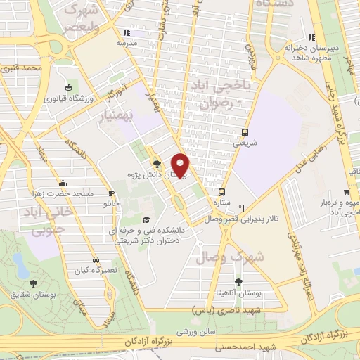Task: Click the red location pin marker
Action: coord(181,165)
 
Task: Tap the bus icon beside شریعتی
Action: coord(245,132)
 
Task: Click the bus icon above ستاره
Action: coord(222,191)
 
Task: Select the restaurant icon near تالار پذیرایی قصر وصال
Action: coord(241,208)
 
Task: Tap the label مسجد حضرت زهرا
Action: coord(64,191)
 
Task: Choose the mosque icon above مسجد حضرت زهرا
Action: coord(64,181)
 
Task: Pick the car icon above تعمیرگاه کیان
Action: coord(96,258)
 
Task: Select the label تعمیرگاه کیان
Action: coord(96,269)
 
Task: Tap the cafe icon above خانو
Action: coord(110,193)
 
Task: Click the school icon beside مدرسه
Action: coord(126,32)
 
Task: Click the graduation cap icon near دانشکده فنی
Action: coord(146,219)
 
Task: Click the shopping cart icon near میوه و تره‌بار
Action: coord(347,191)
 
